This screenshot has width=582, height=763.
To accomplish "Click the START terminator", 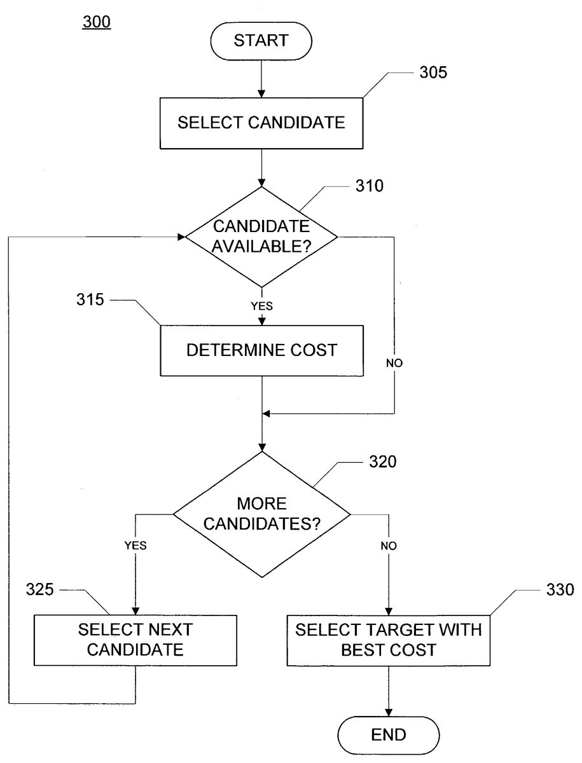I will point(261,41).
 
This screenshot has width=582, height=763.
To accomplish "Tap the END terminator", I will point(389,735).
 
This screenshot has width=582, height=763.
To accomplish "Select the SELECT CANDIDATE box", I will point(261,122).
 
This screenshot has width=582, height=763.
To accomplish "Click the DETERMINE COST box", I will point(261,350).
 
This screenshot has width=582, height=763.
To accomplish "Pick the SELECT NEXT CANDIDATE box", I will point(135,640).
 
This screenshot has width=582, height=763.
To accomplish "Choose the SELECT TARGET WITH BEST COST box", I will point(389,640).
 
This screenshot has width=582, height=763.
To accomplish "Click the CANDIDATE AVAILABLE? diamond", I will point(261,237).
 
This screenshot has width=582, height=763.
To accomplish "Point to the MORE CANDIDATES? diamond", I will point(261,514).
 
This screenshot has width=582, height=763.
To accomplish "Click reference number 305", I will point(433,72).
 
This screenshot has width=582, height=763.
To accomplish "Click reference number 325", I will point(40,589).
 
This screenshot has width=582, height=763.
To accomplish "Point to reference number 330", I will point(559,589).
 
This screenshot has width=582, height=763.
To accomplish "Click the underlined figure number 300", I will point(96,22).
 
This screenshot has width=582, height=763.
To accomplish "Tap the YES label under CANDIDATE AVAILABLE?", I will point(261,306).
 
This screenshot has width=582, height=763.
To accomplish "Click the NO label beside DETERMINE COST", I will point(394,364).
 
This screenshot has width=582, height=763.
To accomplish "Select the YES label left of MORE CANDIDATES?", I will point(135,545).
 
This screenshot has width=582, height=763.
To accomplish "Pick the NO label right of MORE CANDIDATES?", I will point(389,546).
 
